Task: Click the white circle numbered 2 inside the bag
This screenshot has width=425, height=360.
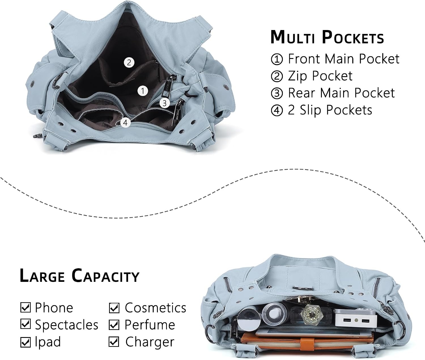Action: (129, 62)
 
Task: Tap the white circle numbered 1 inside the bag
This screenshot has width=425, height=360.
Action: (143, 91)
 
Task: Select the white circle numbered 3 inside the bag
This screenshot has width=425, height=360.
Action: (165, 103)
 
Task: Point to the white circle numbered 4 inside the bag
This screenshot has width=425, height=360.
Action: (126, 123)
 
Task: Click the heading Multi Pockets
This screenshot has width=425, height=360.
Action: (327, 37)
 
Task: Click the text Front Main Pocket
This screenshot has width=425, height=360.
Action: (343, 59)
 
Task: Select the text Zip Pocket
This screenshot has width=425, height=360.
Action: (320, 76)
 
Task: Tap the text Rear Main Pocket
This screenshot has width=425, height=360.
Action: (341, 93)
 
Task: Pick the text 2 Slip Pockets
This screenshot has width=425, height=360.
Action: (330, 110)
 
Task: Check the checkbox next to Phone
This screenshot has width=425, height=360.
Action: (26, 307)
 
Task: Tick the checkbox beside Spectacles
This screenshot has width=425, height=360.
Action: (26, 324)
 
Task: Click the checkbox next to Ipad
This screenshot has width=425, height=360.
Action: (26, 342)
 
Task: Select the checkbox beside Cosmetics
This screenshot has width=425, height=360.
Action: (114, 308)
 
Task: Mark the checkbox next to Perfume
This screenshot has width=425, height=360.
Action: (114, 325)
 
